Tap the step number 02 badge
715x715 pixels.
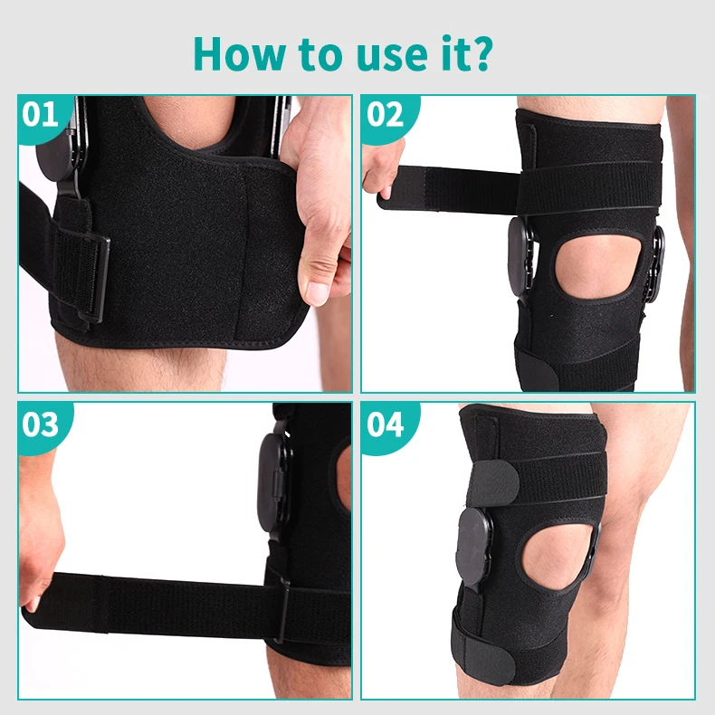pos(385,115)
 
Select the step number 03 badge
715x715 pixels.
pos(41,424)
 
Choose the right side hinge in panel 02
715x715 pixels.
pos(654,262)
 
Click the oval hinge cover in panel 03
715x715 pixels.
pos(274,474)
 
